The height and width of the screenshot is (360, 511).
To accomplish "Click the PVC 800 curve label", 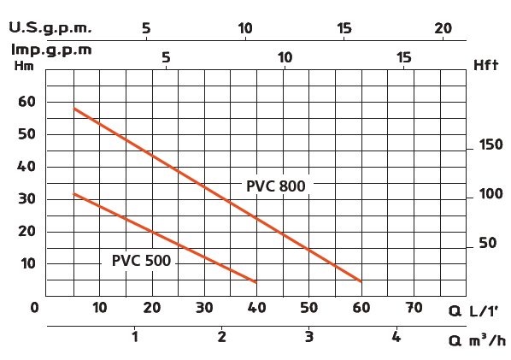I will tap(275, 186).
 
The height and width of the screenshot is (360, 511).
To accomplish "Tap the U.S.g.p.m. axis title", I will tap(50, 28).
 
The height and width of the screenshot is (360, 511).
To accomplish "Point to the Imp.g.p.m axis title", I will tap(50, 48).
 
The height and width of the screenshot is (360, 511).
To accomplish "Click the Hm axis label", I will tap(24, 65).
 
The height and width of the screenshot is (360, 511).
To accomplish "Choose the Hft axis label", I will tap(485, 65).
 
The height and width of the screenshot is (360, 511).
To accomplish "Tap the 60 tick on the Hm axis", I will tap(27, 102).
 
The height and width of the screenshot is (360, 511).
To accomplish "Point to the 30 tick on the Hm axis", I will tap(27, 199).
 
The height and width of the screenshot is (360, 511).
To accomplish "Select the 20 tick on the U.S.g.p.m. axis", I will tap(443, 28).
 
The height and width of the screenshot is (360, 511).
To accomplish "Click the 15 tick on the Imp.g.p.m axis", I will tap(404, 58).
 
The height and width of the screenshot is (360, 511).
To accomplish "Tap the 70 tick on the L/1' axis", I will tap(414, 307).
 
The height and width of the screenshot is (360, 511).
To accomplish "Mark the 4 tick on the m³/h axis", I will tap(396, 337).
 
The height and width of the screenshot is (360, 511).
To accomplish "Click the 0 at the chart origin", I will tap(35, 307).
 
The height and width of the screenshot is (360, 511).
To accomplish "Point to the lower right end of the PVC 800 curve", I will tap(361, 280).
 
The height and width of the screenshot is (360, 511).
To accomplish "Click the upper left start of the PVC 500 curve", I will tap(74, 194).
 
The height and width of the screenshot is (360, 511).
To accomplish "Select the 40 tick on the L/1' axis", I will tap(256, 307).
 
